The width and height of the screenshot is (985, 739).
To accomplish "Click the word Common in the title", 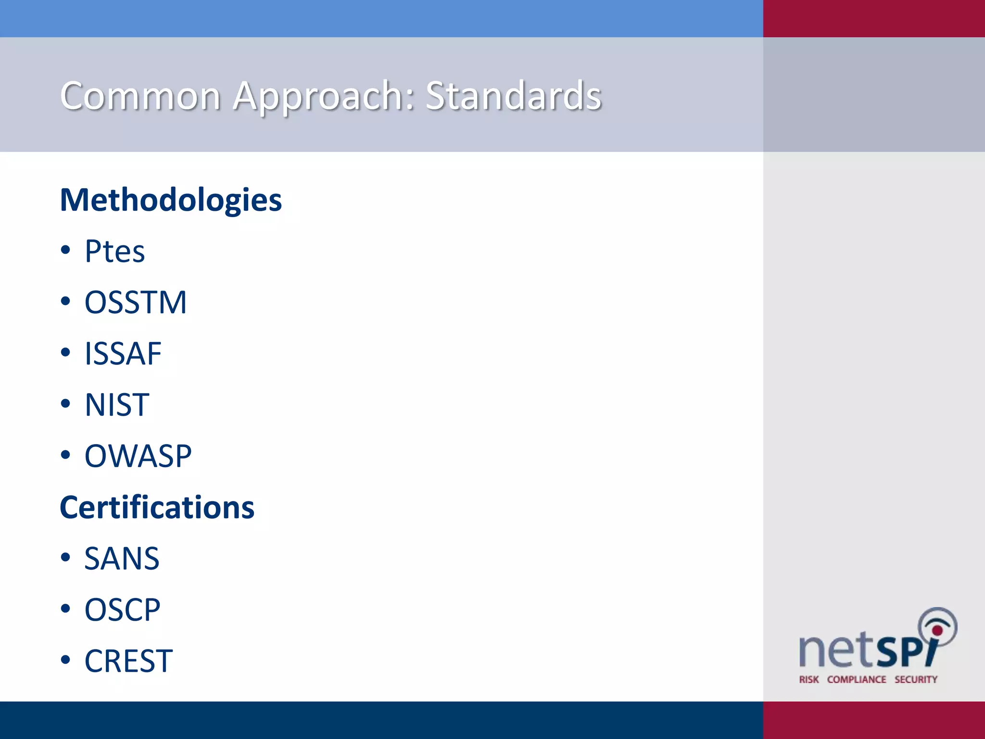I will [x=140, y=96].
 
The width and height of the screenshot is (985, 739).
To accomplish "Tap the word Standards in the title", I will [x=513, y=96].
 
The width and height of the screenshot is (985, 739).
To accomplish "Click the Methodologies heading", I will [x=171, y=200].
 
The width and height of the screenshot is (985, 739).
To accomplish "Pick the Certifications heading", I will [x=157, y=508].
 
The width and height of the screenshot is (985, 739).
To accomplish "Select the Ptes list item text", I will [x=114, y=251].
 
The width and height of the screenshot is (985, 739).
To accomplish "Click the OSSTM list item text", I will [x=135, y=303].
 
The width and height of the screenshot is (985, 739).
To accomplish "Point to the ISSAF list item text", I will [x=123, y=354].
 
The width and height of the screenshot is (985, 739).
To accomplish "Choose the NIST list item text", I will [x=117, y=405].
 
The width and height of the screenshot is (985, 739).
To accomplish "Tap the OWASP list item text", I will [x=138, y=456].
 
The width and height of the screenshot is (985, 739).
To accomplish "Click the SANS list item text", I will [x=122, y=559].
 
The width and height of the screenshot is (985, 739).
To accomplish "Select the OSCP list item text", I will [x=122, y=610].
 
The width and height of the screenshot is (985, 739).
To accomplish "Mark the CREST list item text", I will [x=128, y=661].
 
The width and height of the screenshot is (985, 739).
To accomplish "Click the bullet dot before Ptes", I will [x=66, y=250].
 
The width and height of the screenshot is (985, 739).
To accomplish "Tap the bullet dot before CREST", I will [x=66, y=660].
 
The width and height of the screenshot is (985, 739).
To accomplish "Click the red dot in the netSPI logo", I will [x=937, y=630].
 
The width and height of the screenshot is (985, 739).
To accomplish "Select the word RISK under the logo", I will [x=809, y=679].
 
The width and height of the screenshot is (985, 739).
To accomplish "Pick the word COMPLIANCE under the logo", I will [x=857, y=679].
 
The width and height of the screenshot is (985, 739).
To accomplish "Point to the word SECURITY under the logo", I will [x=916, y=679].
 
